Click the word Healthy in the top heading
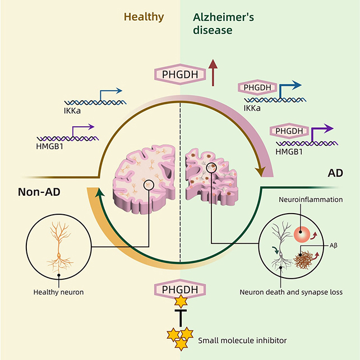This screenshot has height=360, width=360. [x=145, y=16]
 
